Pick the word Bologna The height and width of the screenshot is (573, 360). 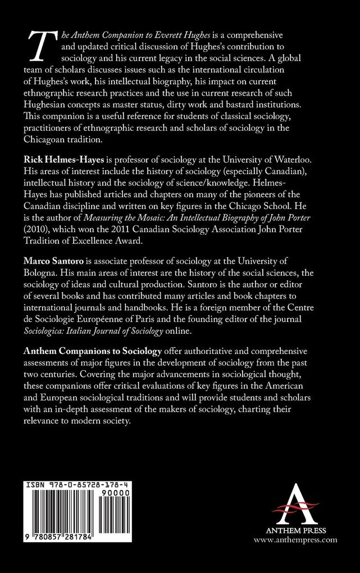click(x=42, y=270)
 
